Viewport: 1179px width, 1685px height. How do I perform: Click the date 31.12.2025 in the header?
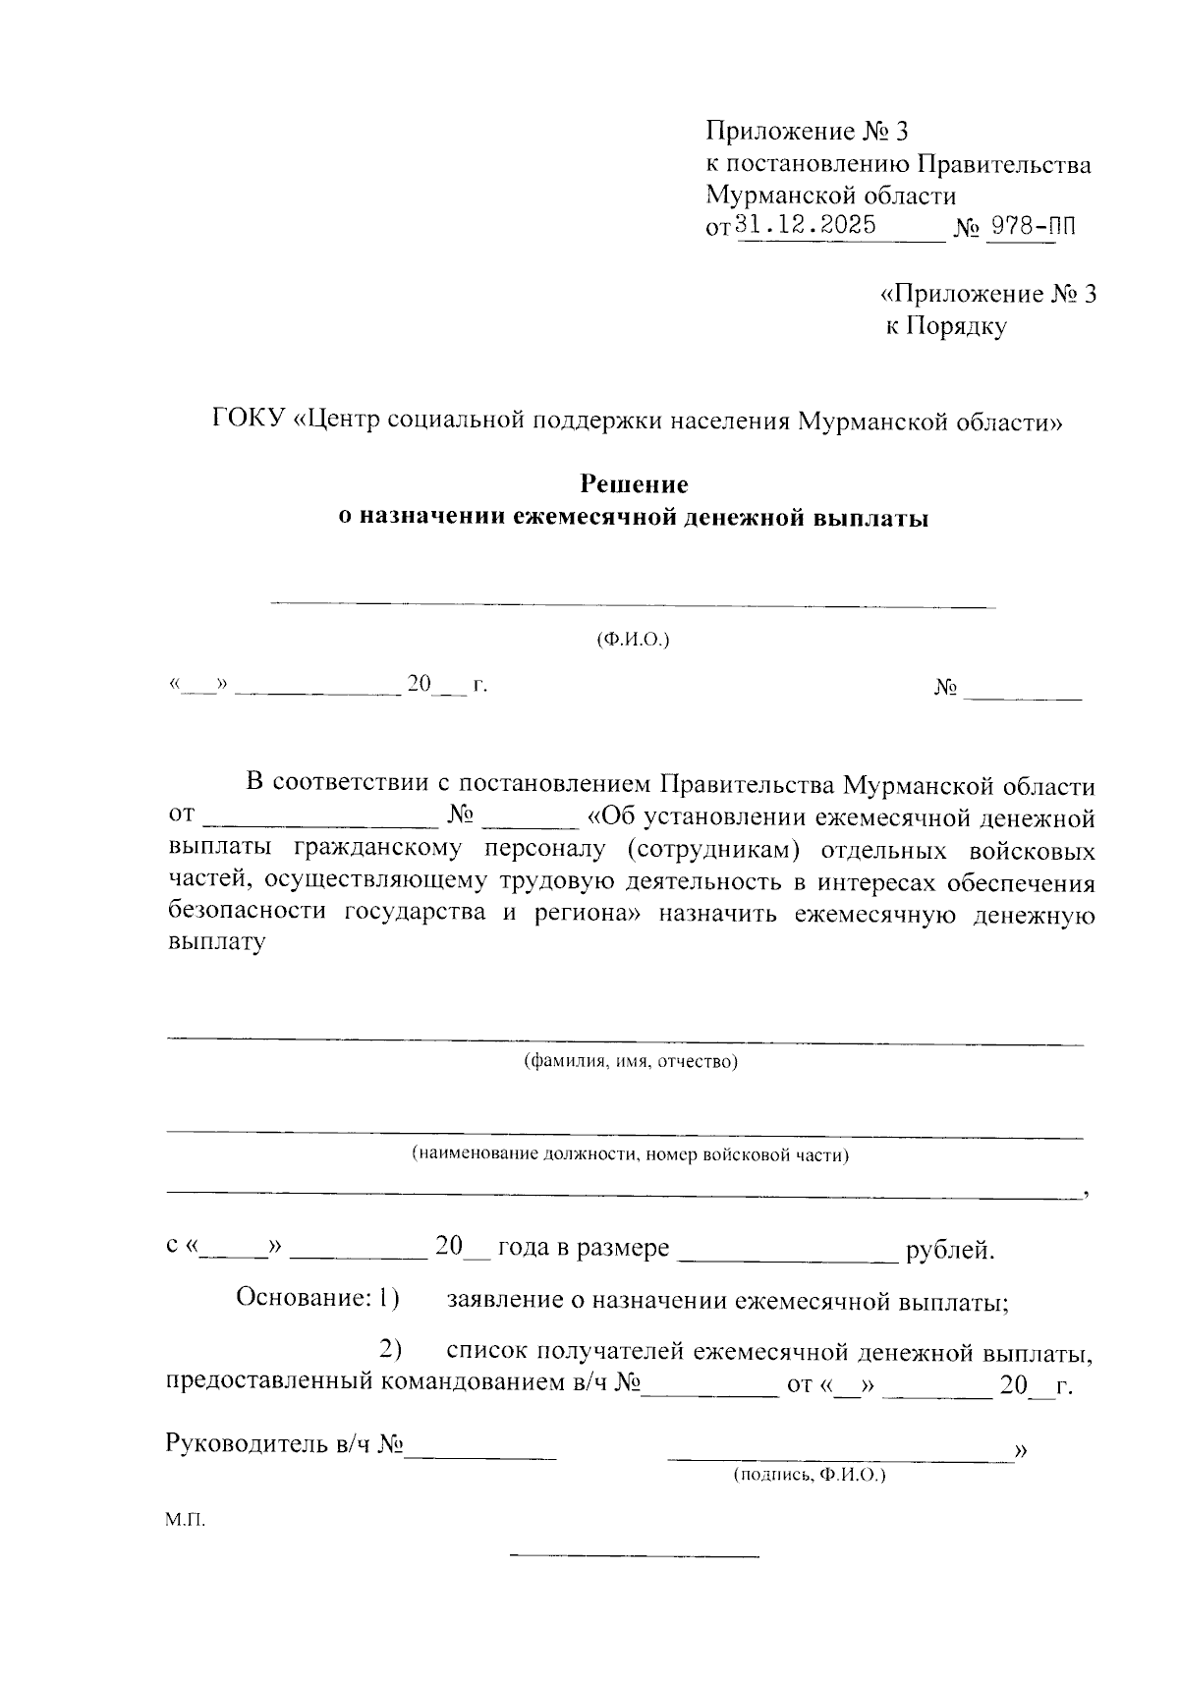pyautogui.click(x=806, y=225)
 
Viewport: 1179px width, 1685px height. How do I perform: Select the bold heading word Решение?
pyautogui.click(x=633, y=484)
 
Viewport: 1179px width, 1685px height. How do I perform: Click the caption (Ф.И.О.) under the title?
pyautogui.click(x=633, y=640)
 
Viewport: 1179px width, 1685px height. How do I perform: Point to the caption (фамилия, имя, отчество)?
pyautogui.click(x=630, y=1061)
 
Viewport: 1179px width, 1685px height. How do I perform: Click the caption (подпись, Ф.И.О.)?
pyautogui.click(x=809, y=1476)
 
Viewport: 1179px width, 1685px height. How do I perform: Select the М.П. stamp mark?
pyautogui.click(x=185, y=1520)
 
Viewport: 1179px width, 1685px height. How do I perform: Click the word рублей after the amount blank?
pyautogui.click(x=950, y=1250)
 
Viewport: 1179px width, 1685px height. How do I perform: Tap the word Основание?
pyautogui.click(x=302, y=1298)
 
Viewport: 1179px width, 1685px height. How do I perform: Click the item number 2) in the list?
pyautogui.click(x=392, y=1351)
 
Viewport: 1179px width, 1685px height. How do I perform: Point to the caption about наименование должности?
pyautogui.click(x=630, y=1154)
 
